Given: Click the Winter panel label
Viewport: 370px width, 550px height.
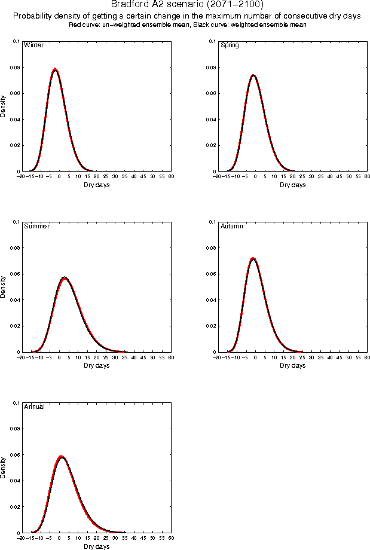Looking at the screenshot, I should pyautogui.click(x=33, y=45).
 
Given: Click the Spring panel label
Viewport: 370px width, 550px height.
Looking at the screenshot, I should pyautogui.click(x=230, y=45).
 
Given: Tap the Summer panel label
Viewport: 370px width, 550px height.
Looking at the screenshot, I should pyautogui.click(x=36, y=227).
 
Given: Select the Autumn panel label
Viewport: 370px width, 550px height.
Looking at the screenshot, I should pyautogui.click(x=232, y=227).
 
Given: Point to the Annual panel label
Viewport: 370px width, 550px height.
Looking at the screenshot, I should pyautogui.click(x=34, y=408).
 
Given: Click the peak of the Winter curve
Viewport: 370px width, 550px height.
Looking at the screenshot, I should pyautogui.click(x=55, y=69).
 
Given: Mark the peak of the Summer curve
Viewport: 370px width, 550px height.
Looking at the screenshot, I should pyautogui.click(x=65, y=278).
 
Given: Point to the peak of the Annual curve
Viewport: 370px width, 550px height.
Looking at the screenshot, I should pyautogui.click(x=62, y=457).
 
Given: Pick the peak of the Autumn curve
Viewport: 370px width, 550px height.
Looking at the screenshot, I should pyautogui.click(x=253, y=259).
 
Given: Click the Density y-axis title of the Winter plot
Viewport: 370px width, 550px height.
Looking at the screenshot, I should pyautogui.click(x=3, y=106).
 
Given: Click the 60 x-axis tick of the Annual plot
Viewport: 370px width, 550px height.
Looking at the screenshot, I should pyautogui.click(x=171, y=539).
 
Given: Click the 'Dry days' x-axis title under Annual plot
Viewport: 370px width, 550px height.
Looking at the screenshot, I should pyautogui.click(x=97, y=546).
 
